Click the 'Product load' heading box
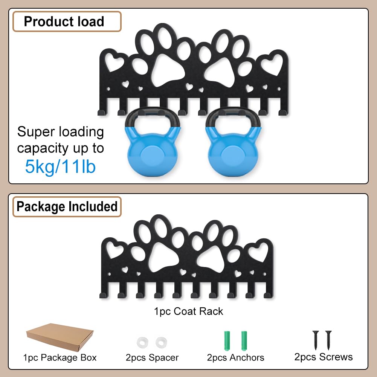tap(67, 21)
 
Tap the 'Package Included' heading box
tap(67, 206)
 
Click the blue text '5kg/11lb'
tap(60, 166)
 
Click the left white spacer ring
tap(142, 342)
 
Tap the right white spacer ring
tap(161, 342)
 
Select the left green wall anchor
tap(227, 340)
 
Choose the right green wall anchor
tap(244, 340)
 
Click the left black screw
tap(316, 340)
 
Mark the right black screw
tap(328, 340)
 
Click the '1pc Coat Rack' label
tap(188, 311)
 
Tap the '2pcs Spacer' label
tap(152, 358)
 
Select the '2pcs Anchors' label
tap(236, 358)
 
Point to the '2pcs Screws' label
tap(324, 357)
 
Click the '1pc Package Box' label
tap(60, 358)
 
